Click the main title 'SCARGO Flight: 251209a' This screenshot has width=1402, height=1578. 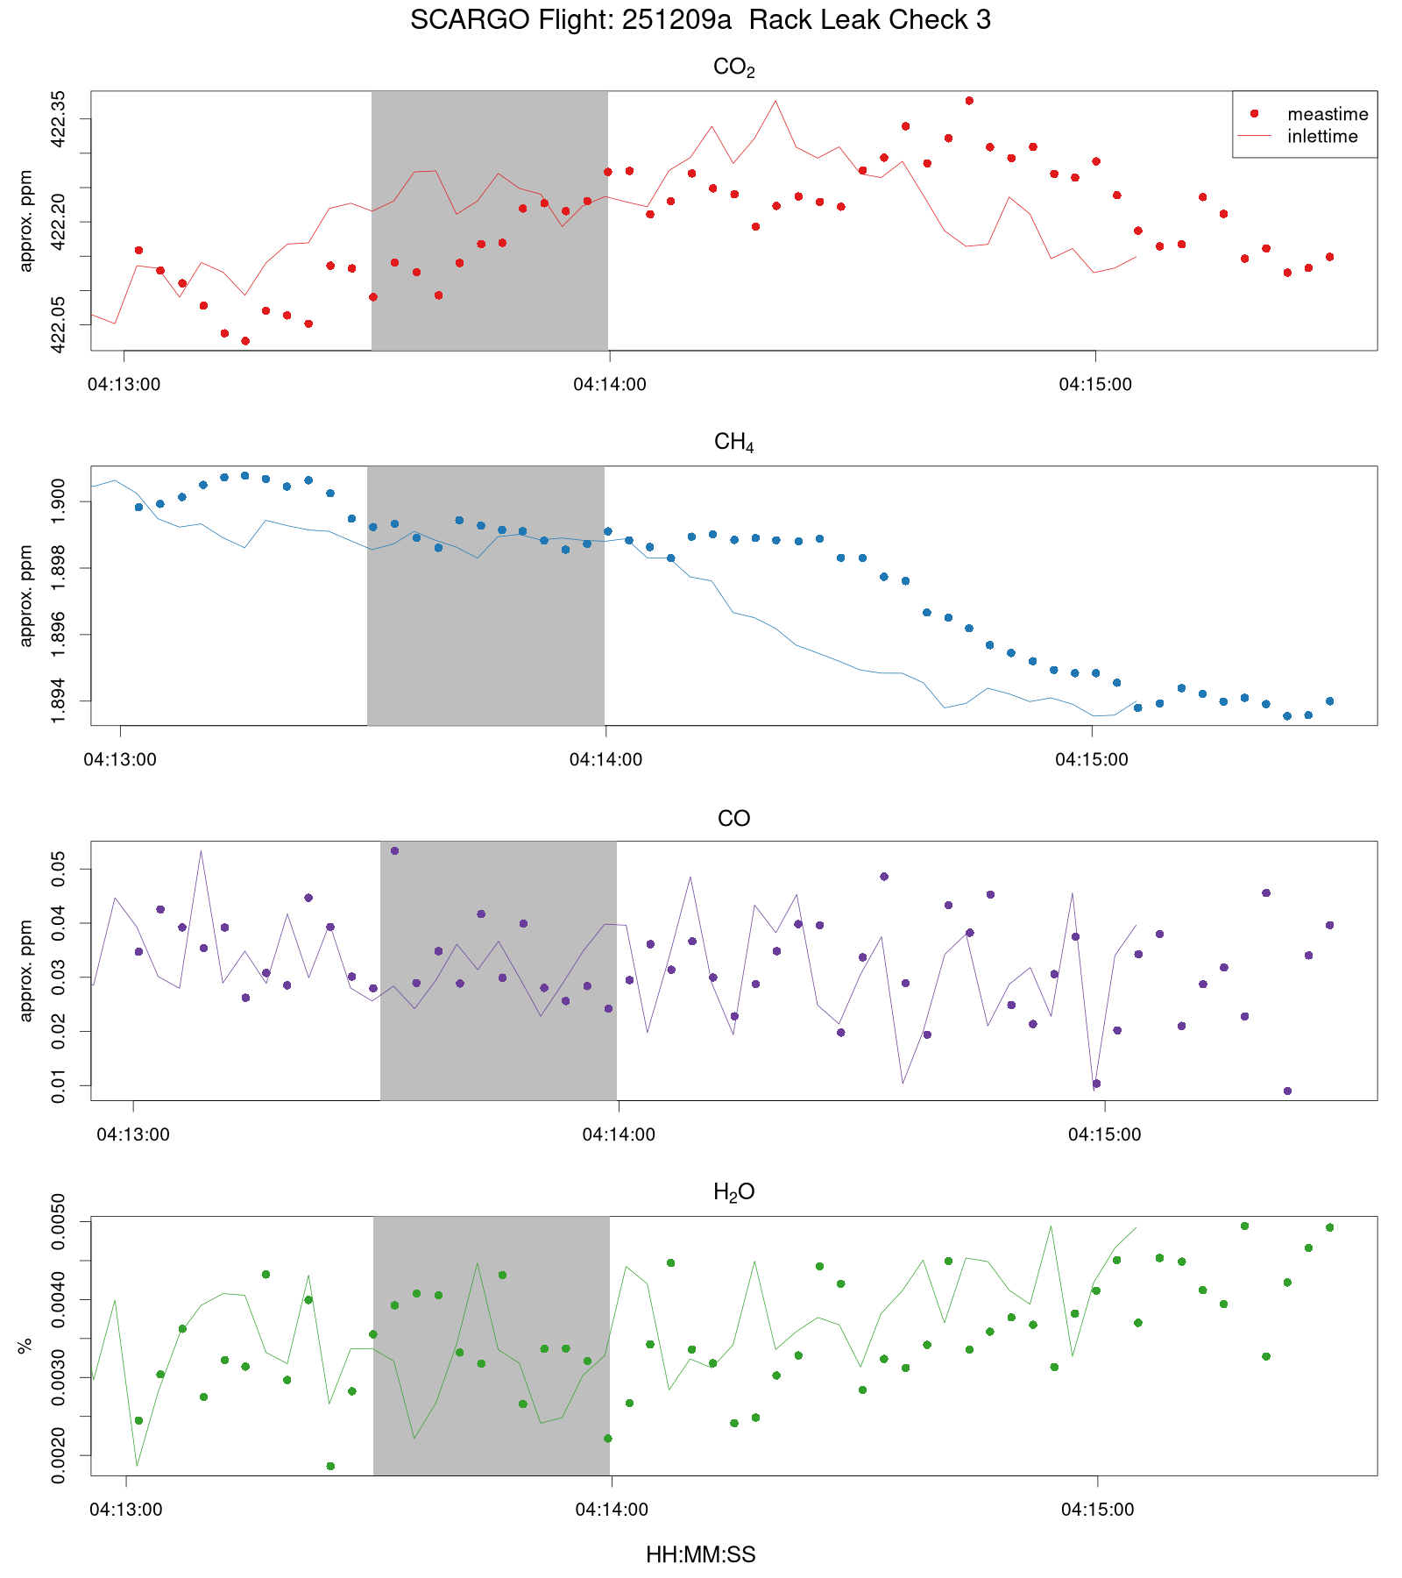(x=570, y=19)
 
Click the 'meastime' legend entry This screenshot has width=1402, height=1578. (x=1327, y=114)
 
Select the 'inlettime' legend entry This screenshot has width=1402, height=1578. (x=1321, y=137)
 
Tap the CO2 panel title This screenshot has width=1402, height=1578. (x=733, y=68)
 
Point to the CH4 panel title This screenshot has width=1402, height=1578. (x=733, y=443)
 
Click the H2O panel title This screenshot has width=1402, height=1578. (x=733, y=1192)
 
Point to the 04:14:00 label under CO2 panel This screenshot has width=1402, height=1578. (x=610, y=384)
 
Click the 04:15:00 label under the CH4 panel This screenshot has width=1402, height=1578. (x=1091, y=759)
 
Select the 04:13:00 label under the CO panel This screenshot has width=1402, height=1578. (x=133, y=1134)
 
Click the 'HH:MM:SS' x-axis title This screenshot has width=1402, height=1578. (x=700, y=1554)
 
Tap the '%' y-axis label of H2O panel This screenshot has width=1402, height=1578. (x=25, y=1346)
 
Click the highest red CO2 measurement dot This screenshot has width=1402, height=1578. (x=969, y=101)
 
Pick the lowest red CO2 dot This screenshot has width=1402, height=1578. (x=245, y=341)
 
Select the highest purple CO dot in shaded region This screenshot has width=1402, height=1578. (x=394, y=850)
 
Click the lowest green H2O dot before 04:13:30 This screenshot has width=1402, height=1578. (x=330, y=1466)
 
